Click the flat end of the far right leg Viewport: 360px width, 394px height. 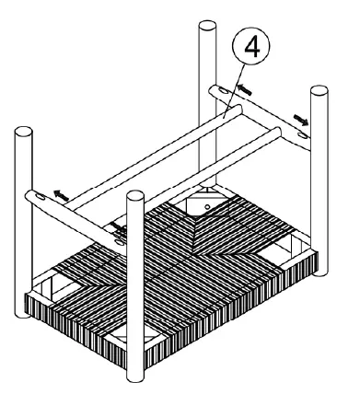tap(319, 91)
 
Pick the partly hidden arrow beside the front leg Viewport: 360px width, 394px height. tap(118, 224)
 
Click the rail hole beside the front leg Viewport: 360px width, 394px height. tap(120, 234)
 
